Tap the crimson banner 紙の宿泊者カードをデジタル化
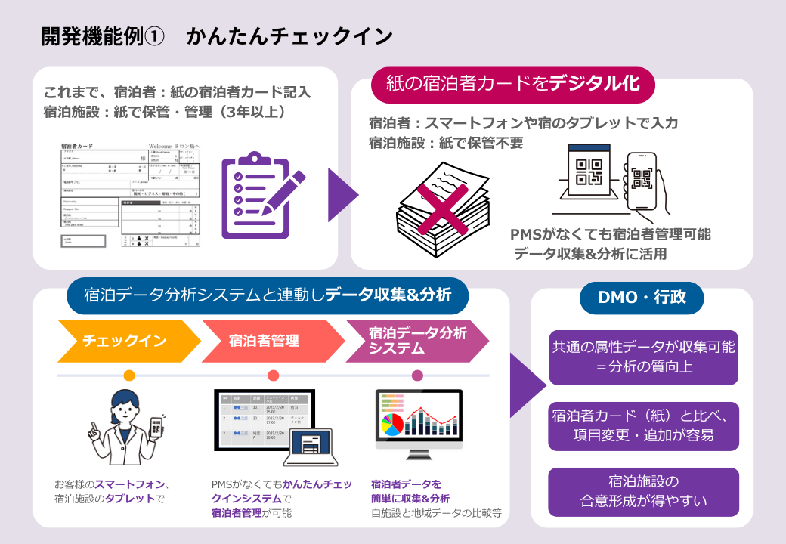point(512,84)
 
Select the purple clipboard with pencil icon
point(261,195)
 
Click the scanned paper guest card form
point(130,195)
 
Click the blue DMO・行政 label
point(641,297)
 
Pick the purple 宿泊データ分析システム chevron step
point(417,341)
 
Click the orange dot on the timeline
point(128,376)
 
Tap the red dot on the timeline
point(273,376)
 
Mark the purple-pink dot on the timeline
point(417,376)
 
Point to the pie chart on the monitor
point(393,425)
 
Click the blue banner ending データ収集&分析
point(268,295)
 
